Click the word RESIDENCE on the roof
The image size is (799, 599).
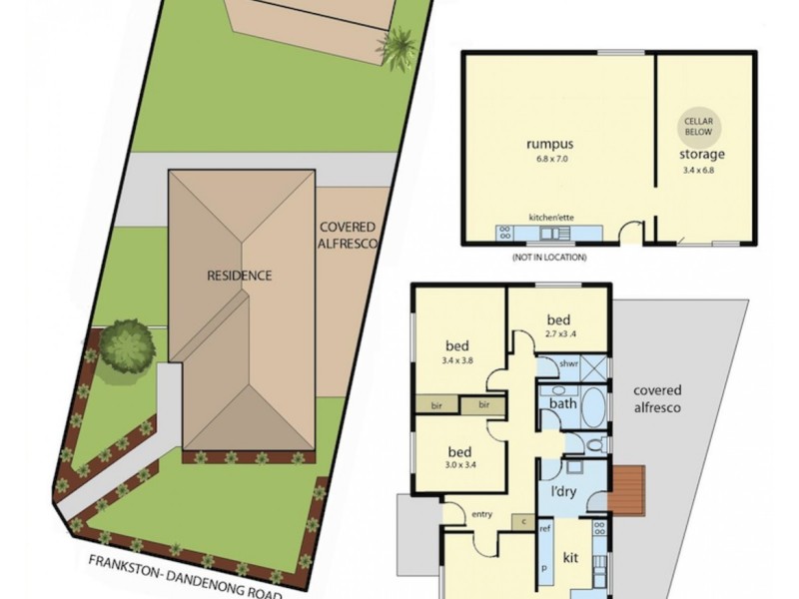coord(239,276)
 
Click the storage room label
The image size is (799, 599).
coord(702,155)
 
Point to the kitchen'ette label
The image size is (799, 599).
coord(549,215)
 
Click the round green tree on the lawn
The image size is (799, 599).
coord(128,344)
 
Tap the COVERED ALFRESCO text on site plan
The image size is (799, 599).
coord(347,236)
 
